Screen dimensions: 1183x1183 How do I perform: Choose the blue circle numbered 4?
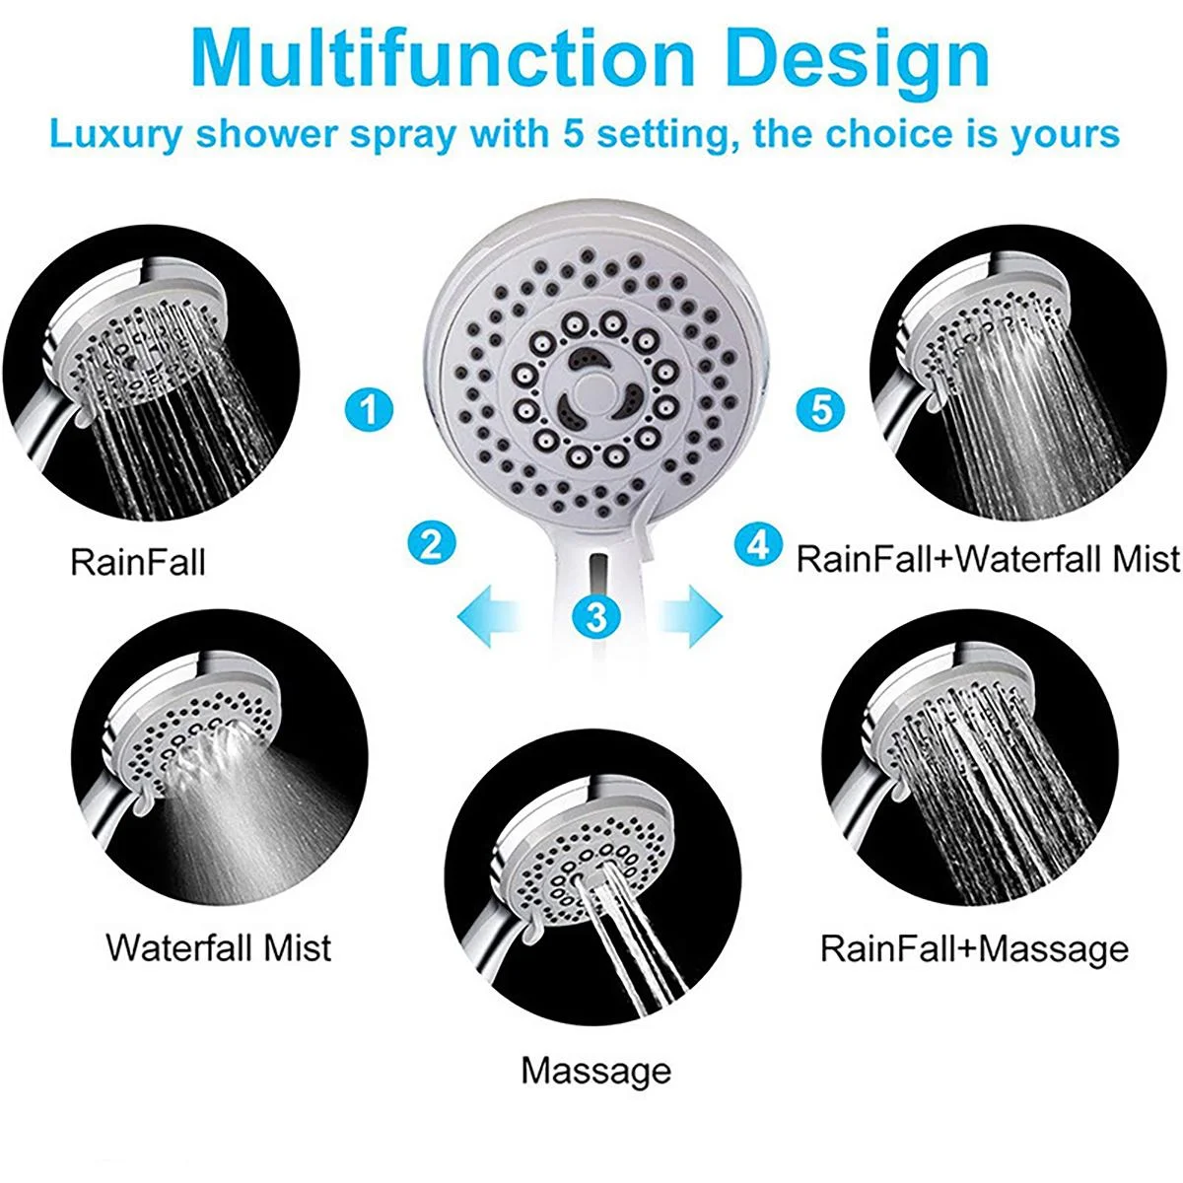pyautogui.click(x=758, y=543)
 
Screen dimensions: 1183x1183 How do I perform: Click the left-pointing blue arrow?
pyautogui.click(x=490, y=617)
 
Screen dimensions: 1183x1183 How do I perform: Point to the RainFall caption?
pyautogui.click(x=138, y=563)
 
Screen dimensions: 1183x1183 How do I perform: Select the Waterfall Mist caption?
pyautogui.click(x=219, y=947)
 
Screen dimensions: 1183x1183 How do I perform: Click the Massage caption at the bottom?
pyautogui.click(x=595, y=1071)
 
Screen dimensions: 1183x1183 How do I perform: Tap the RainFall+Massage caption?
pyautogui.click(x=974, y=948)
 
